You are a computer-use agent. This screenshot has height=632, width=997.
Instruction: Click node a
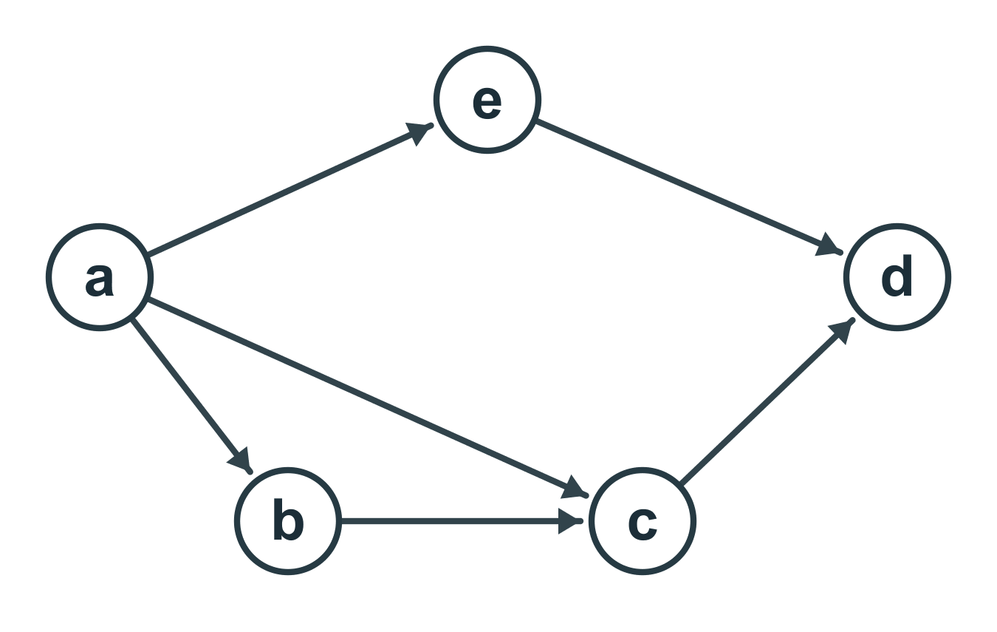coord(100,277)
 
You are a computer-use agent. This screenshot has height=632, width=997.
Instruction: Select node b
coord(288,521)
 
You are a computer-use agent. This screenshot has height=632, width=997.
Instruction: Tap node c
coord(643,521)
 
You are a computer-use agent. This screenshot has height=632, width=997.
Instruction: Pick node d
coord(897,277)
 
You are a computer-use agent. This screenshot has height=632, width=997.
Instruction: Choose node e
coord(487,100)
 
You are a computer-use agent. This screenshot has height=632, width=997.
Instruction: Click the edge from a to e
coord(290,190)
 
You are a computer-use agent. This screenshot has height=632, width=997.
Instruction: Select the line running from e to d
coord(690,187)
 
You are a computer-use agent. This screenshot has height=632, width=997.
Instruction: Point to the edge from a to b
coord(192,396)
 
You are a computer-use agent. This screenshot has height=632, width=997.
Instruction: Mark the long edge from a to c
coord(369,398)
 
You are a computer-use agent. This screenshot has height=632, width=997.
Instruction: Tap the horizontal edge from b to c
coord(462,521)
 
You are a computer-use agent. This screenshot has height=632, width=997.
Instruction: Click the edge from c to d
coord(768,401)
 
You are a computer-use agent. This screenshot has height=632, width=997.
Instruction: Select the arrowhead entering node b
coord(240,461)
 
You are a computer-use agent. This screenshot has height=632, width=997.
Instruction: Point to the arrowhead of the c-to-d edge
coord(843,330)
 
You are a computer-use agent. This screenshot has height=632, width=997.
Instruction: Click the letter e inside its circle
coord(487,103)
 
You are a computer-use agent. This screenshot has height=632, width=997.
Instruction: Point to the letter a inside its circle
coord(100,279)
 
